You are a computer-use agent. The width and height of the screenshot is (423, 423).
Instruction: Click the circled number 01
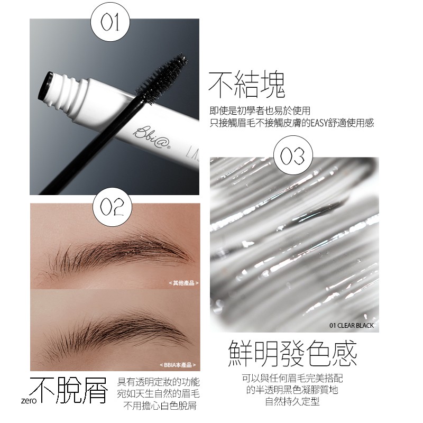point(110,22)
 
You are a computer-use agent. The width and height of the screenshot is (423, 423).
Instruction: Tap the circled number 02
point(112,207)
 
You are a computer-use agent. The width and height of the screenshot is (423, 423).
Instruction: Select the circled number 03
point(293,155)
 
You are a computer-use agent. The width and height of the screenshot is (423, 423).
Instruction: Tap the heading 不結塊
point(246,85)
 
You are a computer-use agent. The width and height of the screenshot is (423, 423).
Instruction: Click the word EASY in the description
point(319,123)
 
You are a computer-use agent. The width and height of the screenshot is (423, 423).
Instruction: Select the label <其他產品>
point(183,283)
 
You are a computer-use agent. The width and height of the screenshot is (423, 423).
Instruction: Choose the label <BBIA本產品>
point(178,365)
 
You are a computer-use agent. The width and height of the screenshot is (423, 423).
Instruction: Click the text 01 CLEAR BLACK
point(352,325)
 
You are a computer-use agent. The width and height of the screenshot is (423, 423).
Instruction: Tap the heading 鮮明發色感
point(292,353)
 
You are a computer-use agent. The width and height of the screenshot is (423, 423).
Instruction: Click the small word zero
point(29,400)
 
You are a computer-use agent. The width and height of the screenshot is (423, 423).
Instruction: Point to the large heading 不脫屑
point(69,390)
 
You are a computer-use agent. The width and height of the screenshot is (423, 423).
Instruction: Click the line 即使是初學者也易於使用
point(260,111)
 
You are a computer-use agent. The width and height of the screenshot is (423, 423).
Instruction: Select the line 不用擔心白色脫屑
point(160,406)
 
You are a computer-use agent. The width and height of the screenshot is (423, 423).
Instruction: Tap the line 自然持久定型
point(292,401)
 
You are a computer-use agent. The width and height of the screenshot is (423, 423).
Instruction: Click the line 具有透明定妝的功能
point(159,382)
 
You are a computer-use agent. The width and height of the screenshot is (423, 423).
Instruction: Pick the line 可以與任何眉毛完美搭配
point(292,378)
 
